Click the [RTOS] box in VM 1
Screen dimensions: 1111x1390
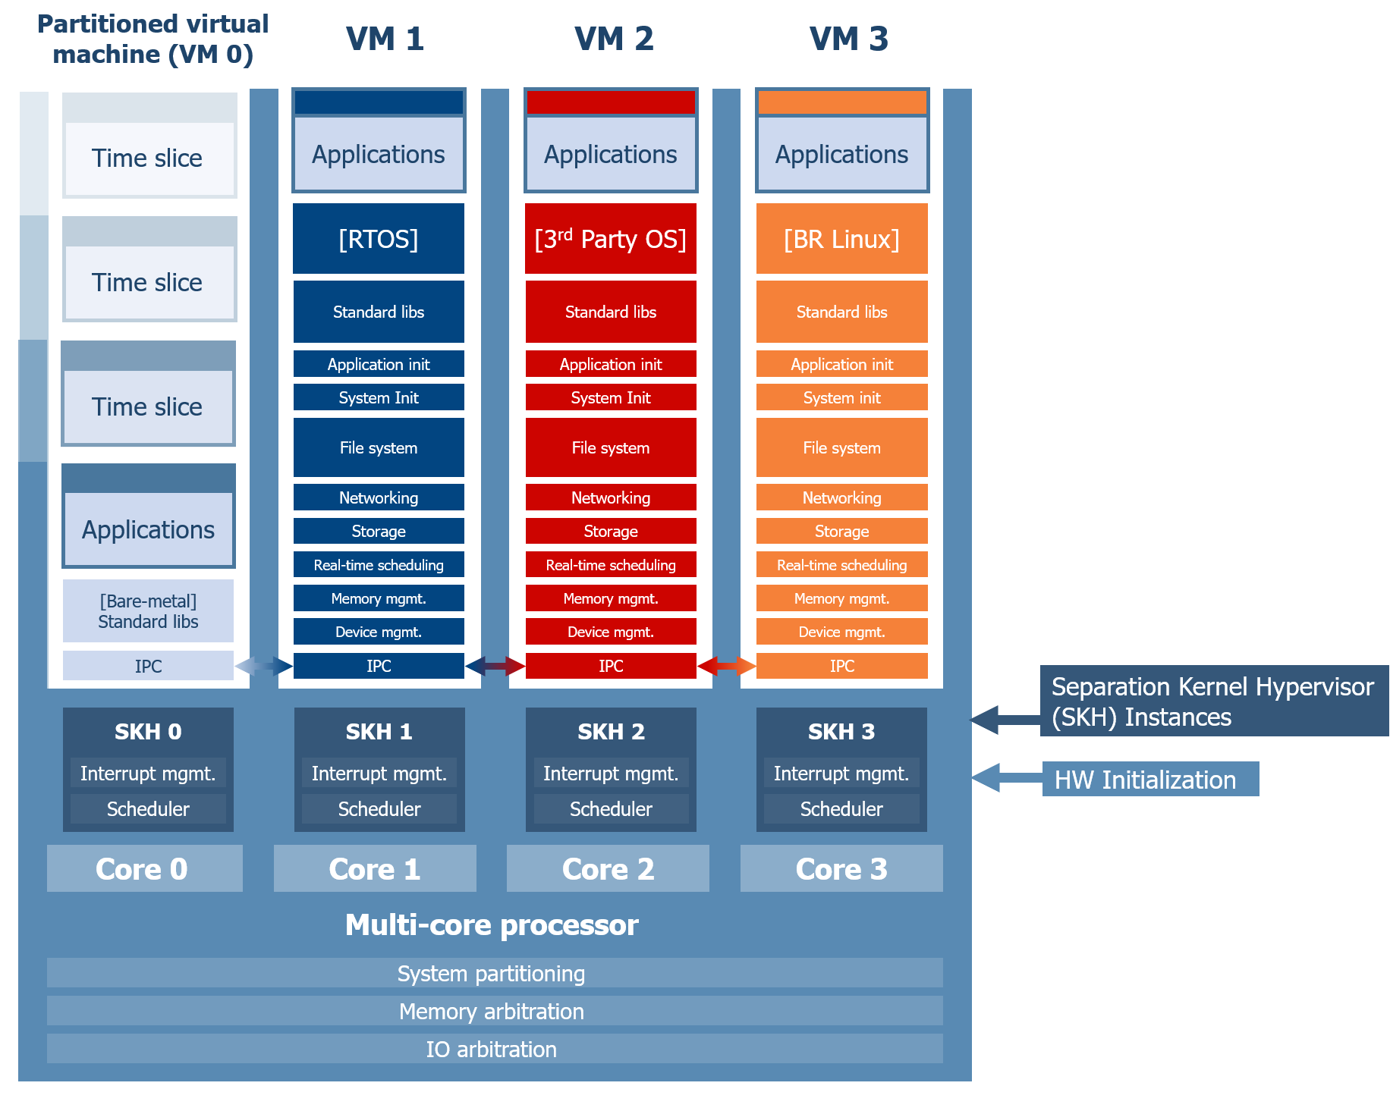[379, 239]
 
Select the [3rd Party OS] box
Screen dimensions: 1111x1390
[610, 239]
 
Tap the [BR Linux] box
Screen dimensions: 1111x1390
[841, 239]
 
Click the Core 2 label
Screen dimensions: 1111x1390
[608, 869]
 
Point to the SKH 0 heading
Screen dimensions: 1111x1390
[148, 731]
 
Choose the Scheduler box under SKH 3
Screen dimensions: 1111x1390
[841, 809]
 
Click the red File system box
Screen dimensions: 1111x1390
[610, 447]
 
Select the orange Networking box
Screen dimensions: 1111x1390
[841, 497]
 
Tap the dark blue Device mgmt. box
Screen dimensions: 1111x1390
[379, 632]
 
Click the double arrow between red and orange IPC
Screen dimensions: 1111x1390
[726, 666]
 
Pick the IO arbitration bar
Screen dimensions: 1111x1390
[494, 1049]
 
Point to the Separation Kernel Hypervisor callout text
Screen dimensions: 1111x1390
[1212, 701]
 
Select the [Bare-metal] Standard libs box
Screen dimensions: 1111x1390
[148, 611]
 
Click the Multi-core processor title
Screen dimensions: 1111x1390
[492, 925]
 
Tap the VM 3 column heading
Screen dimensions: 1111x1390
[848, 39]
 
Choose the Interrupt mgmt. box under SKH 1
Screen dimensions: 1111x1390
[379, 774]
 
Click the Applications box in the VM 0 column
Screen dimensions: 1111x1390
[149, 529]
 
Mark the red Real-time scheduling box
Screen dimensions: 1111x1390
[610, 565]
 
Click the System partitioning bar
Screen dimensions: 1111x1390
[494, 973]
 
